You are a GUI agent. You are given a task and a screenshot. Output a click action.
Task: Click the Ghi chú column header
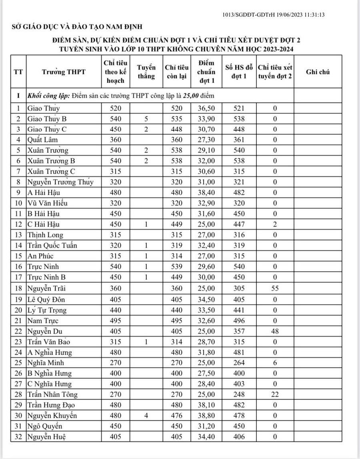318,72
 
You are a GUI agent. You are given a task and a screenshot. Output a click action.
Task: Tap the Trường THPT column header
64,72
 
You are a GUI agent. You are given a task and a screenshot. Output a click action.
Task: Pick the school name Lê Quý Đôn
46,300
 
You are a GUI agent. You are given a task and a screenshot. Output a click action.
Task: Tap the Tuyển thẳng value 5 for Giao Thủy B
146,119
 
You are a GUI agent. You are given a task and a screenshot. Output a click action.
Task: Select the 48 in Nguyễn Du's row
275,331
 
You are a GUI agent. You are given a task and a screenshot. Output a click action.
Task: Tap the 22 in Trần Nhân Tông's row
275,395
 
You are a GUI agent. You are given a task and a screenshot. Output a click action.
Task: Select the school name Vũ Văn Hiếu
47,203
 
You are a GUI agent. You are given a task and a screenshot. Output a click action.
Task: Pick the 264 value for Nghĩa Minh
238,363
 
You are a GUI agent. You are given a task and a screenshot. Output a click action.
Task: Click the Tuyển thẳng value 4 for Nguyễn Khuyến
146,416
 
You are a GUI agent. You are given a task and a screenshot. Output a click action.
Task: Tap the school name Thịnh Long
45,235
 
